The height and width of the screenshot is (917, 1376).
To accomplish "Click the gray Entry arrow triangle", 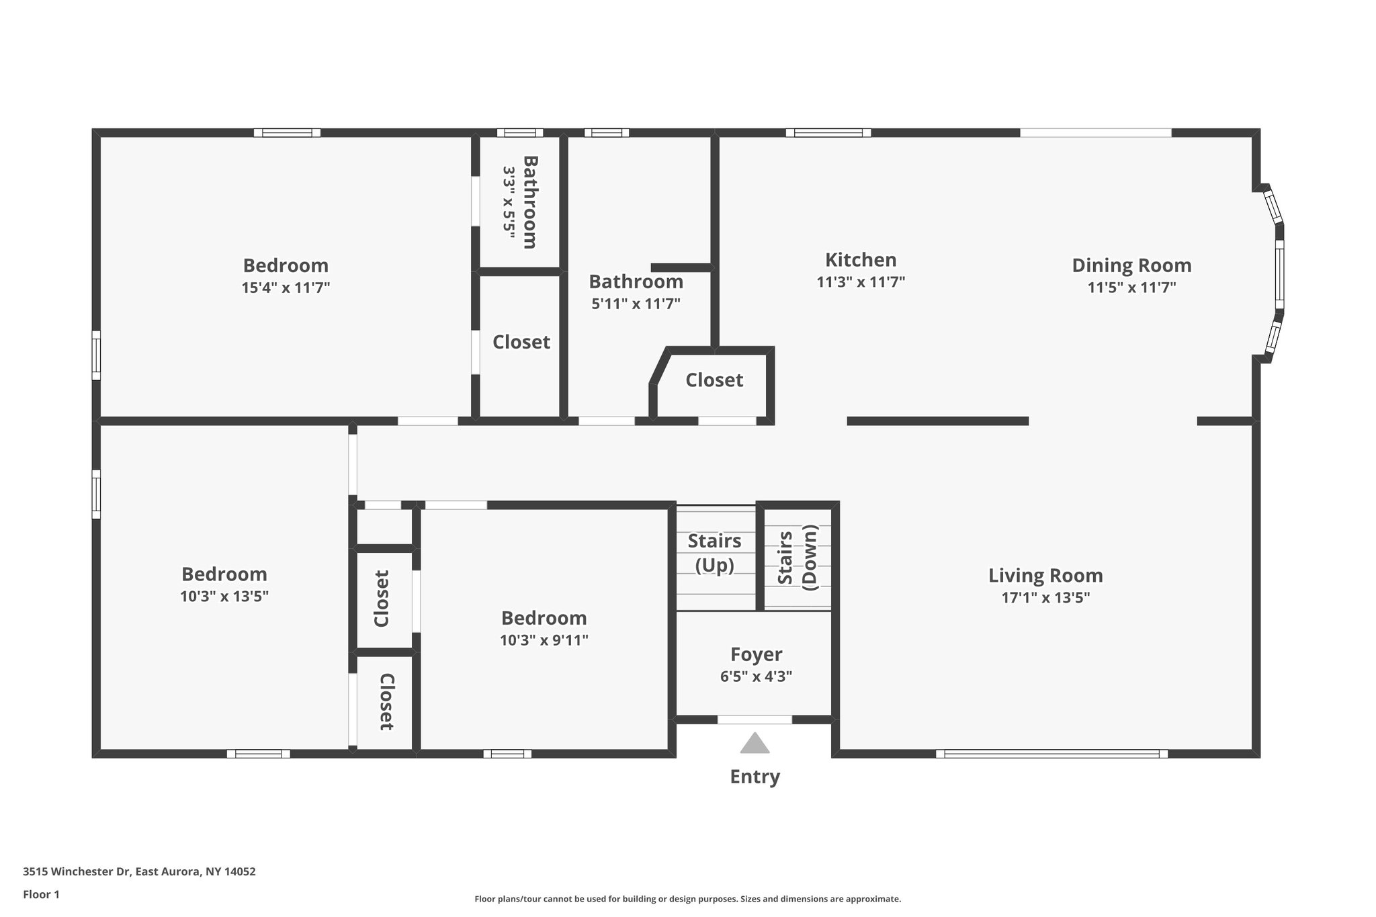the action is pyautogui.click(x=755, y=743).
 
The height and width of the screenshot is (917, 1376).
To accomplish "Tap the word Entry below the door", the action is pyautogui.click(x=755, y=777).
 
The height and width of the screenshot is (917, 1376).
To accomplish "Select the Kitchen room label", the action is pyautogui.click(x=861, y=260).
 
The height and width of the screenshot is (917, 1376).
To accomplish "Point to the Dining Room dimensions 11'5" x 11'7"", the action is pyautogui.click(x=1131, y=288).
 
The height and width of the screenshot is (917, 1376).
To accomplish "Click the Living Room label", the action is pyautogui.click(x=1045, y=576).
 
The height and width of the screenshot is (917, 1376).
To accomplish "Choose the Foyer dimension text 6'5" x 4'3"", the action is pyautogui.click(x=756, y=676).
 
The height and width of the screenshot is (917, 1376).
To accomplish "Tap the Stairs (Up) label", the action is pyautogui.click(x=714, y=553).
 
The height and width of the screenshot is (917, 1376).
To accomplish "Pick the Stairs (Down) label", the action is pyautogui.click(x=798, y=558).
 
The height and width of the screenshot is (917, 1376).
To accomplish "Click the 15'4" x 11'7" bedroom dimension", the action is pyautogui.click(x=286, y=288).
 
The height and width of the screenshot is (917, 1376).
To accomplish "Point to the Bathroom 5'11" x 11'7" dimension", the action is pyautogui.click(x=636, y=304).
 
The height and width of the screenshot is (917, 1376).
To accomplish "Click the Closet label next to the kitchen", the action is pyautogui.click(x=714, y=380).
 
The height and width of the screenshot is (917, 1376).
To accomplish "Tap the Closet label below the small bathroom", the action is pyautogui.click(x=521, y=342).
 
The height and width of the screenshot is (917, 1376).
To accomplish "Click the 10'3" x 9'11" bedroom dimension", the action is pyautogui.click(x=544, y=640).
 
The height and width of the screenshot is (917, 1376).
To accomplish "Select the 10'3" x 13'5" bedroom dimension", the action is pyautogui.click(x=224, y=597).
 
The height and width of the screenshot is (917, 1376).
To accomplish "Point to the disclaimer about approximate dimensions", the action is pyautogui.click(x=687, y=899).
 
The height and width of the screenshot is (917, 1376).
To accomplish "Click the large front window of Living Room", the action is pyautogui.click(x=1051, y=754).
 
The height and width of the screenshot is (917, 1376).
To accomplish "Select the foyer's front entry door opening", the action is pyautogui.click(x=755, y=719).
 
